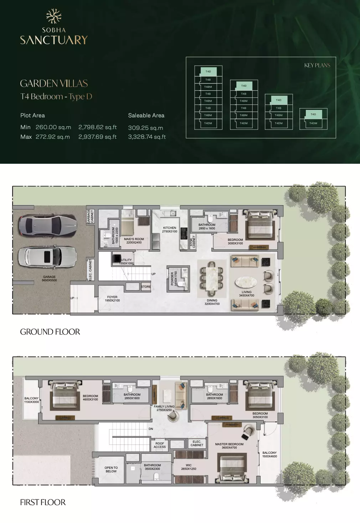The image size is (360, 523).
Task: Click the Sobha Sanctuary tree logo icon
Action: coord(54,16)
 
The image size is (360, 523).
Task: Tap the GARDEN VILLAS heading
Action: coord(54,83)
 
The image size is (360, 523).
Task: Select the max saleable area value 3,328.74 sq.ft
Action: coord(147,137)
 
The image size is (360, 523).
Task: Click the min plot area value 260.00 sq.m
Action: coord(53,127)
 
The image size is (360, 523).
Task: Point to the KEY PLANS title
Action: coord(317,65)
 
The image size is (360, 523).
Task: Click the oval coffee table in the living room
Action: coord(246,283)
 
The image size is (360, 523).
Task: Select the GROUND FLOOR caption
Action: coord(50,332)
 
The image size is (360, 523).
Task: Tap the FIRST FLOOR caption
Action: coord(43,502)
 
